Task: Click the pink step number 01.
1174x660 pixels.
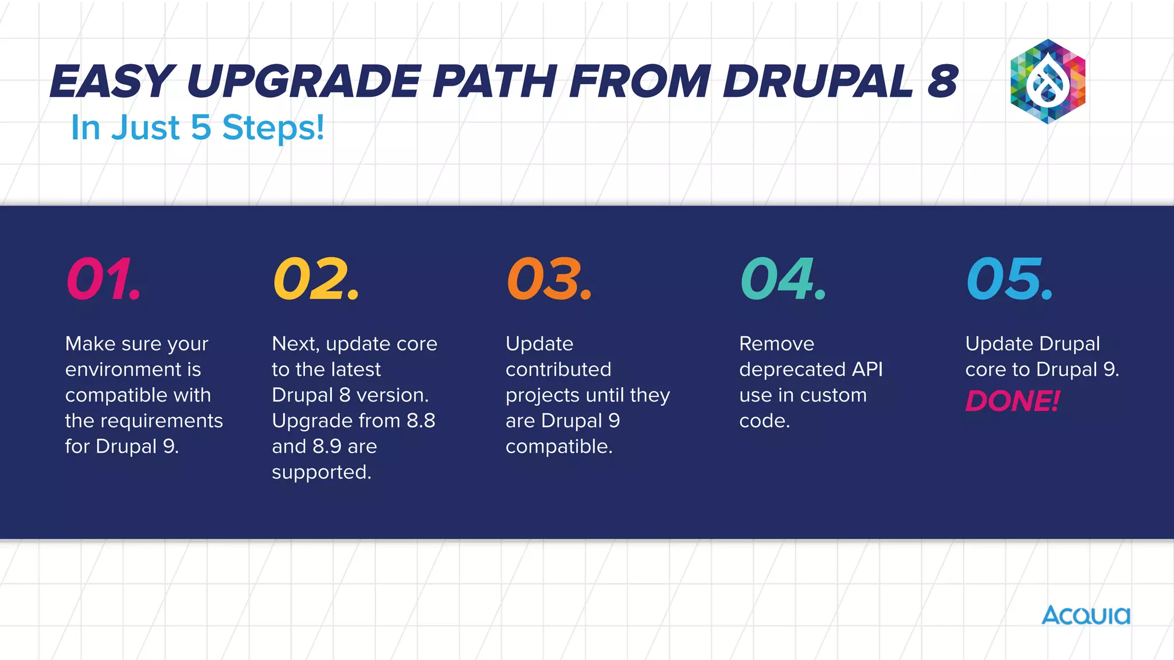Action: [x=103, y=279]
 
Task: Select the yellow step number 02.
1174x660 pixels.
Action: [x=316, y=279]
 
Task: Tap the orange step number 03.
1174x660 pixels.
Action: [x=549, y=279]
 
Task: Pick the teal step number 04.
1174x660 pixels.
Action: [x=782, y=279]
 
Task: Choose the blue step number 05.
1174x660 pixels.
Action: [x=1009, y=279]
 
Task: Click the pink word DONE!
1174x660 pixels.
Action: [x=1012, y=401]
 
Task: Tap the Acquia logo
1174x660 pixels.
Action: [x=1086, y=616]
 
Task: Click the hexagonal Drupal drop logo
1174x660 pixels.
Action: [x=1047, y=82]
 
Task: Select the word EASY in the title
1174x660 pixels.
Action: [x=112, y=81]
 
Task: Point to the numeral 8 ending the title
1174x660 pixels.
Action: [x=942, y=81]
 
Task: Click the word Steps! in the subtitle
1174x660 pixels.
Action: [x=273, y=128]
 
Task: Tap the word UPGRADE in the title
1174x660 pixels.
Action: [x=304, y=81]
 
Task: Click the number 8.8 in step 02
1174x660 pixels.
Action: [x=421, y=421]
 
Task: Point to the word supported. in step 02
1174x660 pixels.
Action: [x=322, y=473]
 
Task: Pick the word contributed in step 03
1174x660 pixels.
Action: [x=558, y=370]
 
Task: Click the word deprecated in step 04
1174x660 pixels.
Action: [x=792, y=370]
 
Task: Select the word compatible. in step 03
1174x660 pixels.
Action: [x=559, y=447]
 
